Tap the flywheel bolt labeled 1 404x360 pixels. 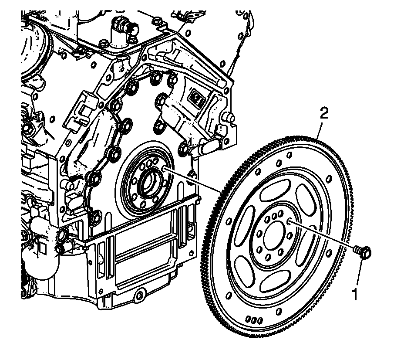[364, 251]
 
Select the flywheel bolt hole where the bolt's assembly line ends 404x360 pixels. [289, 221]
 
